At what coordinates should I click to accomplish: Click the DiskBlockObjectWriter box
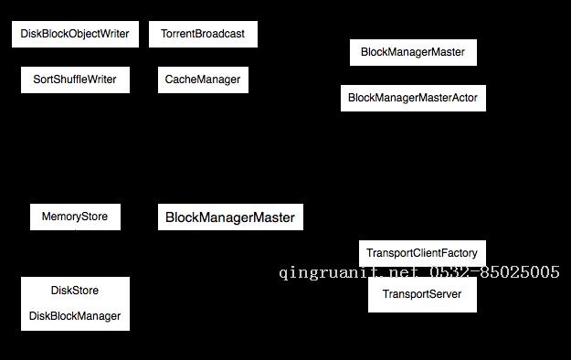(x=75, y=35)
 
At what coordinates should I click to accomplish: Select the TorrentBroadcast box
(x=203, y=35)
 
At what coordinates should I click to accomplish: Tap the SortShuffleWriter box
(x=75, y=79)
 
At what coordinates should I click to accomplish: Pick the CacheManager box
(x=203, y=79)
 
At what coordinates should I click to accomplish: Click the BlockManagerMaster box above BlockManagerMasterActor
(x=413, y=52)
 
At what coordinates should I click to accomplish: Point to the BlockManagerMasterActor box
(x=413, y=98)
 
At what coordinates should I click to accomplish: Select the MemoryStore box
(x=75, y=217)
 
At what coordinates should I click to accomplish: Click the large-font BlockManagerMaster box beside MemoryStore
(x=230, y=217)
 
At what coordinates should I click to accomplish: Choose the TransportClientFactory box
(x=422, y=253)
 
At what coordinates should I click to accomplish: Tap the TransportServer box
(x=422, y=294)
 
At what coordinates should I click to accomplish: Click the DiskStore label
(x=75, y=291)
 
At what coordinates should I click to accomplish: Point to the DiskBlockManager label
(x=75, y=316)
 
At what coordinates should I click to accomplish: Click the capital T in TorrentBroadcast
(x=164, y=35)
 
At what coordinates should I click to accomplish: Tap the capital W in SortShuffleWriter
(x=93, y=79)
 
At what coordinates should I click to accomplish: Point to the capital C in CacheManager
(x=169, y=79)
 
